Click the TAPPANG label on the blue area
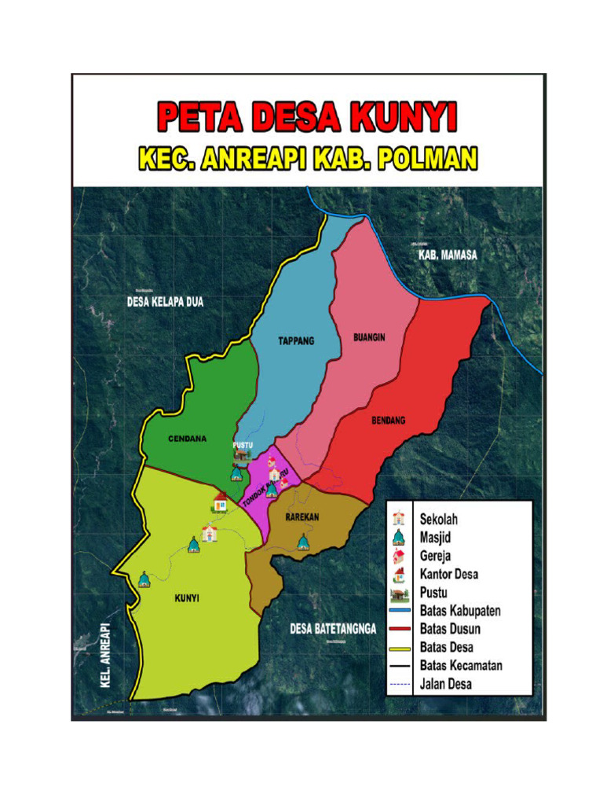(x=296, y=341)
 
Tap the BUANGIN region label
(x=369, y=337)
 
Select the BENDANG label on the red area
(x=388, y=421)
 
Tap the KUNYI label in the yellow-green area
(x=185, y=598)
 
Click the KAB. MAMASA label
(x=447, y=255)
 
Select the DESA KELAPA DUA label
(x=165, y=301)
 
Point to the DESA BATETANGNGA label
(x=333, y=628)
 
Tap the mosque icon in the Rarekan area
(x=303, y=542)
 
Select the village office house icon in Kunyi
(x=221, y=501)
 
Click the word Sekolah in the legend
(x=438, y=520)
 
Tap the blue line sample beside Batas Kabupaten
(x=400, y=611)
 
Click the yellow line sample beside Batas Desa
(x=400, y=648)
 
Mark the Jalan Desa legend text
(x=445, y=684)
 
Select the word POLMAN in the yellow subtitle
(x=427, y=161)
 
